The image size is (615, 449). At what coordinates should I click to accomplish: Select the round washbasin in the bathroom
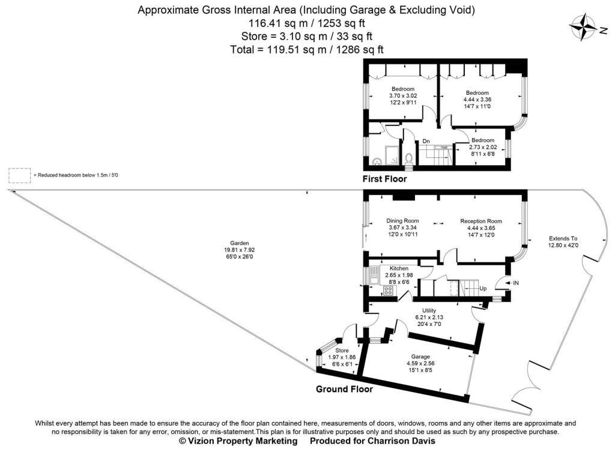377,161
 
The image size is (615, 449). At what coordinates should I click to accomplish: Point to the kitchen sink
374,277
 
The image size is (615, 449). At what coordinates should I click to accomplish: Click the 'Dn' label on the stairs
426,142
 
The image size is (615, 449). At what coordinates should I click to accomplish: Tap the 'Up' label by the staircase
482,289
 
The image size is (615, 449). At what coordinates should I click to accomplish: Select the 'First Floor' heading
384,179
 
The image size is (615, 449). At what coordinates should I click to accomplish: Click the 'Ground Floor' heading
344,389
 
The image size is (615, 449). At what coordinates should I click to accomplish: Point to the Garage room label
420,357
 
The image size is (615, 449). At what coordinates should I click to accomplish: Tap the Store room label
342,351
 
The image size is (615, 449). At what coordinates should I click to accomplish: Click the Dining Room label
402,221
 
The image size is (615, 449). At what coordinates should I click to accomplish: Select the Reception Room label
480,221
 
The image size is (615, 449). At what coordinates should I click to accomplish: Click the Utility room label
428,310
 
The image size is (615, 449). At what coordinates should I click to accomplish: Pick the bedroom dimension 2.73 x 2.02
482,146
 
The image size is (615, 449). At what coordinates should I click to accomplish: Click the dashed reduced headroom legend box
20,175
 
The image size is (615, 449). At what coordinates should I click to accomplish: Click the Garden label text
238,243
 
